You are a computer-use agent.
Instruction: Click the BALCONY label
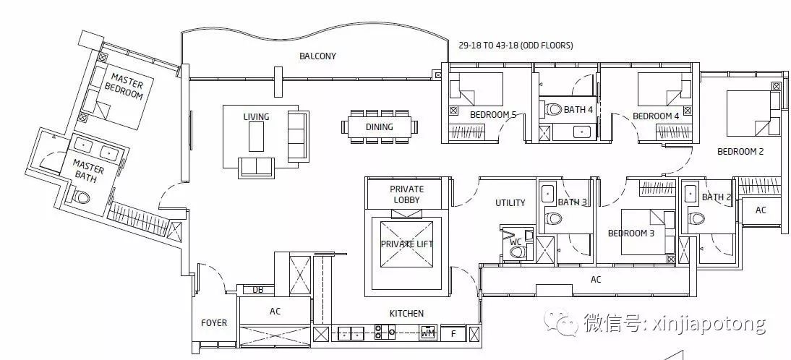click(x=317, y=56)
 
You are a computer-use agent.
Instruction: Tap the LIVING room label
click(x=256, y=117)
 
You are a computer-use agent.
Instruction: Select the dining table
click(x=380, y=127)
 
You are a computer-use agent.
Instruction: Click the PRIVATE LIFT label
click(x=406, y=244)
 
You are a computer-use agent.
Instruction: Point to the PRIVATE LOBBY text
click(x=407, y=194)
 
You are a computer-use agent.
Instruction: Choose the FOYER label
click(x=214, y=322)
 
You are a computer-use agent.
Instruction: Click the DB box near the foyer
click(x=258, y=290)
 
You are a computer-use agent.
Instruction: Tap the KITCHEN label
click(x=406, y=314)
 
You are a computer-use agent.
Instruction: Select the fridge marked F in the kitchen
click(x=453, y=333)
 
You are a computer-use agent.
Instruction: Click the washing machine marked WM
click(x=428, y=333)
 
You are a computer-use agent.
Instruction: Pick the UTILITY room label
click(x=510, y=202)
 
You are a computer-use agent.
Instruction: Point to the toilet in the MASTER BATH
click(x=81, y=196)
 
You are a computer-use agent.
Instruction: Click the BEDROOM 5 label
click(x=493, y=115)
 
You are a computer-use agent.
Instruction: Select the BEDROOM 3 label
click(x=631, y=233)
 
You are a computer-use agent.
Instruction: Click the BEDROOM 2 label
click(x=740, y=151)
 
